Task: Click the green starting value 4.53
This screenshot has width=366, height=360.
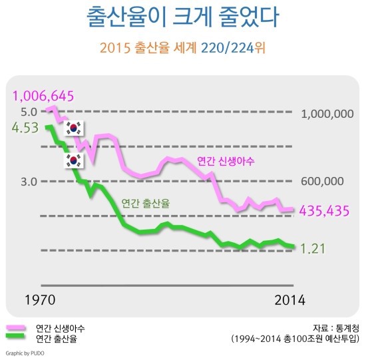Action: click(25, 128)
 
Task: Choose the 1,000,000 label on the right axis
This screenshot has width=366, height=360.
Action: click(327, 114)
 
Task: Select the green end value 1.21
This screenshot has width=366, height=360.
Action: click(312, 249)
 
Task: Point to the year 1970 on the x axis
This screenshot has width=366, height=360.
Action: click(41, 299)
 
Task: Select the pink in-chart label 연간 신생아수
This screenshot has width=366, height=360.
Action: click(226, 161)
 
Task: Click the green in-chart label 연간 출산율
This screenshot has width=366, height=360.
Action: click(146, 203)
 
